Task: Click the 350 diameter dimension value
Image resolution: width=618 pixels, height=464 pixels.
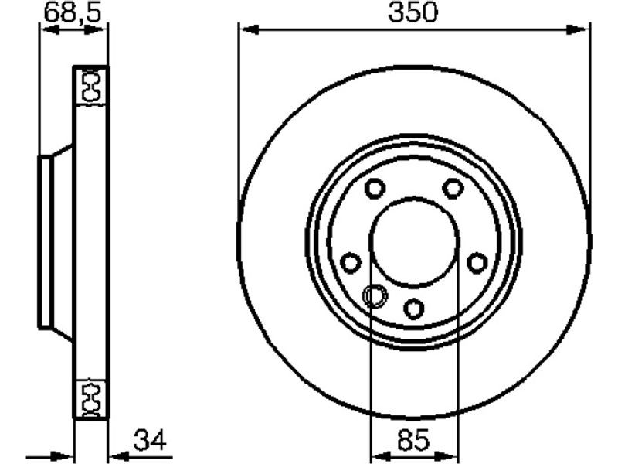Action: point(413,12)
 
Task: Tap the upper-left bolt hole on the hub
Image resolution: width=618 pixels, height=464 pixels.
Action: point(375,188)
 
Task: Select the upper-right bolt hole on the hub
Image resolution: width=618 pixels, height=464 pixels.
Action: point(453,188)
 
